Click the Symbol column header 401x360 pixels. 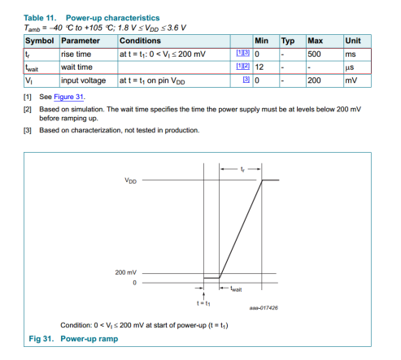(39, 41)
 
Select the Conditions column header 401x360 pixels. (140, 41)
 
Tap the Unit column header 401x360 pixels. (353, 41)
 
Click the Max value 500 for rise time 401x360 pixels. (314, 54)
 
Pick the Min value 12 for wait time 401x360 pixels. (259, 67)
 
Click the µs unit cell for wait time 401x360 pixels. (350, 67)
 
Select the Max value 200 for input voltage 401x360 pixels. (314, 80)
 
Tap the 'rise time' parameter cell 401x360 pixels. (76, 54)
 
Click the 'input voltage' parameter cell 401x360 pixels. (83, 80)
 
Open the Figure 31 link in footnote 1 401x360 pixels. (68, 97)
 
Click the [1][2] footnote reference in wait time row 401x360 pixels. (242, 66)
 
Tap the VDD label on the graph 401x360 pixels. (131, 180)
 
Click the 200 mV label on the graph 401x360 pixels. (125, 272)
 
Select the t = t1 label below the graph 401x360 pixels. (203, 303)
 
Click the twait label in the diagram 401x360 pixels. (236, 288)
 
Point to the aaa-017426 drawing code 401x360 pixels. (264, 308)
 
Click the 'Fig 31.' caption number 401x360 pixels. (41, 339)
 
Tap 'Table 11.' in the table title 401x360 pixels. (40, 18)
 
